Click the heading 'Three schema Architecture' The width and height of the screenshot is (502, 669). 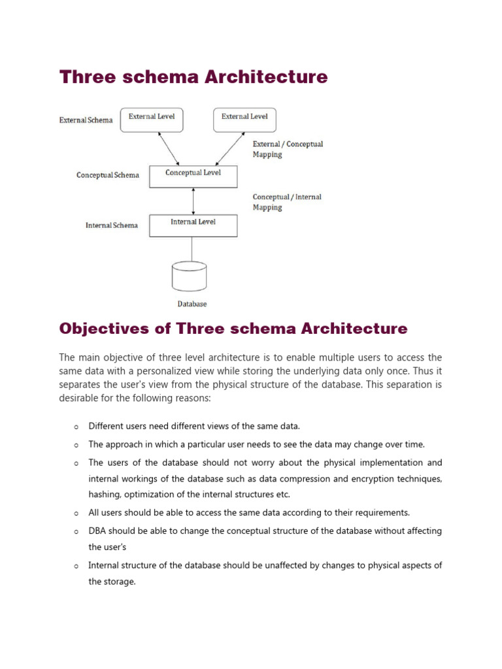193,77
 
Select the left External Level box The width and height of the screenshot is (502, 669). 152,119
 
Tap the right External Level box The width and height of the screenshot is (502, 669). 244,119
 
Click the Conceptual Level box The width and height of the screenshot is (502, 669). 193,176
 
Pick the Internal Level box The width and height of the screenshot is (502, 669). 193,225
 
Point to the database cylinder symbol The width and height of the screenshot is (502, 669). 190,276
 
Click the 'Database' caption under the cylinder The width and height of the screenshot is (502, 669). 192,304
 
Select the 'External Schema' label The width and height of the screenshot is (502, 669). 86,120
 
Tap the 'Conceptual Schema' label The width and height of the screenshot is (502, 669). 107,175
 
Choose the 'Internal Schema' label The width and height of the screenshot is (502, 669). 111,225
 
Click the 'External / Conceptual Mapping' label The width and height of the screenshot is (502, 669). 288,149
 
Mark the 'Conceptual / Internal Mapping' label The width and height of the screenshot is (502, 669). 287,202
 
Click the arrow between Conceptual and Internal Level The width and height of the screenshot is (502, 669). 193,201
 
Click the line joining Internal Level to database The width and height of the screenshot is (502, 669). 192,248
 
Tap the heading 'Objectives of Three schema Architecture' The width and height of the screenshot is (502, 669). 233,329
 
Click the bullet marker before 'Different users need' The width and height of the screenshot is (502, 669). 76,427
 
